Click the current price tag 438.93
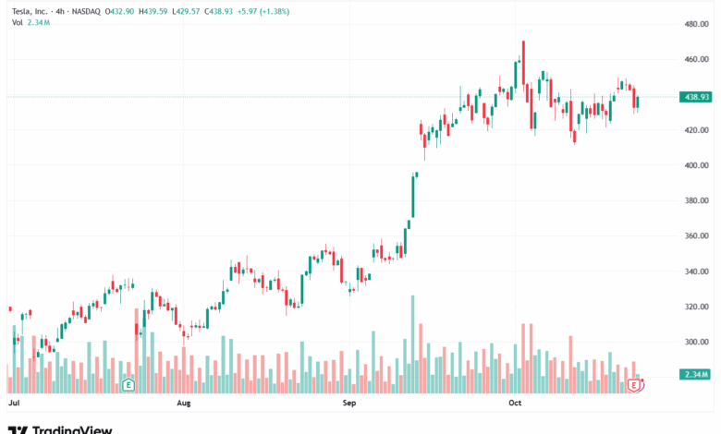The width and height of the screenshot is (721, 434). [x=694, y=97]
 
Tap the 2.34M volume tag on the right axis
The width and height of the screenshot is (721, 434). [x=694, y=374]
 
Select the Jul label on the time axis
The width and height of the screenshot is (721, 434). [x=14, y=404]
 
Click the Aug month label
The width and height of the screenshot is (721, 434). [x=183, y=404]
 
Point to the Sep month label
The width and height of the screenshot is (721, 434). [x=348, y=404]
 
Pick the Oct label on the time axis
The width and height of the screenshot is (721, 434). [x=516, y=404]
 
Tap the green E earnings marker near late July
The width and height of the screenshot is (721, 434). [x=128, y=383]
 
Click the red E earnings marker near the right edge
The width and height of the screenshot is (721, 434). [x=635, y=383]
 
